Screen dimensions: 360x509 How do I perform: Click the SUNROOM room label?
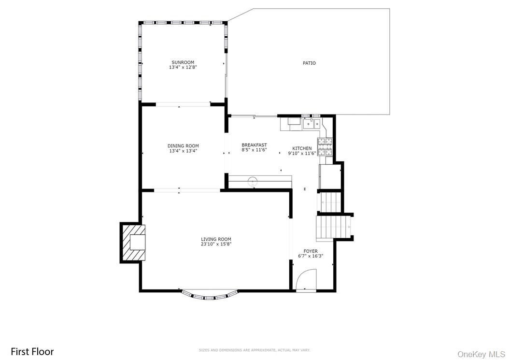pyautogui.click(x=183, y=62)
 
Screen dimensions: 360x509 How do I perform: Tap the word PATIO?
pyautogui.click(x=309, y=63)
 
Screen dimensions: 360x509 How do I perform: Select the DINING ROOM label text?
pyautogui.click(x=183, y=146)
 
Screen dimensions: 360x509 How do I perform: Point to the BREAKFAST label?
pyautogui.click(x=254, y=145)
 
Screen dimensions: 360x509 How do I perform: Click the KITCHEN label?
pyautogui.click(x=302, y=148)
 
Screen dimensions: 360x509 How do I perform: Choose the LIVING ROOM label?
pyautogui.click(x=216, y=239)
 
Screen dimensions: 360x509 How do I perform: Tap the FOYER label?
pyautogui.click(x=311, y=251)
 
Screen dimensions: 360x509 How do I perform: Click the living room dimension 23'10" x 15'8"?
pyautogui.click(x=216, y=245)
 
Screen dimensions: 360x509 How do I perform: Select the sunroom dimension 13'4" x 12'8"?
pyautogui.click(x=183, y=68)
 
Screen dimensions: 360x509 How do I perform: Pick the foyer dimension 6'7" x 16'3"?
pyautogui.click(x=311, y=256)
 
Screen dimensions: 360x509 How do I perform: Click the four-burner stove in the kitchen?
pyautogui.click(x=325, y=146)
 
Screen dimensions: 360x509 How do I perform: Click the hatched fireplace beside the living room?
pyautogui.click(x=132, y=242)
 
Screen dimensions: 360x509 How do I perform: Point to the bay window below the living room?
pyautogui.click(x=209, y=295)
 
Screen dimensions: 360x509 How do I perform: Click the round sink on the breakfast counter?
pyautogui.click(x=252, y=181)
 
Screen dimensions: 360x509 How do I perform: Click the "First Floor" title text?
pyautogui.click(x=32, y=351)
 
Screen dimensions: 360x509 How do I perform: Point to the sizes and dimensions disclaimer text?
pyautogui.click(x=254, y=350)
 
